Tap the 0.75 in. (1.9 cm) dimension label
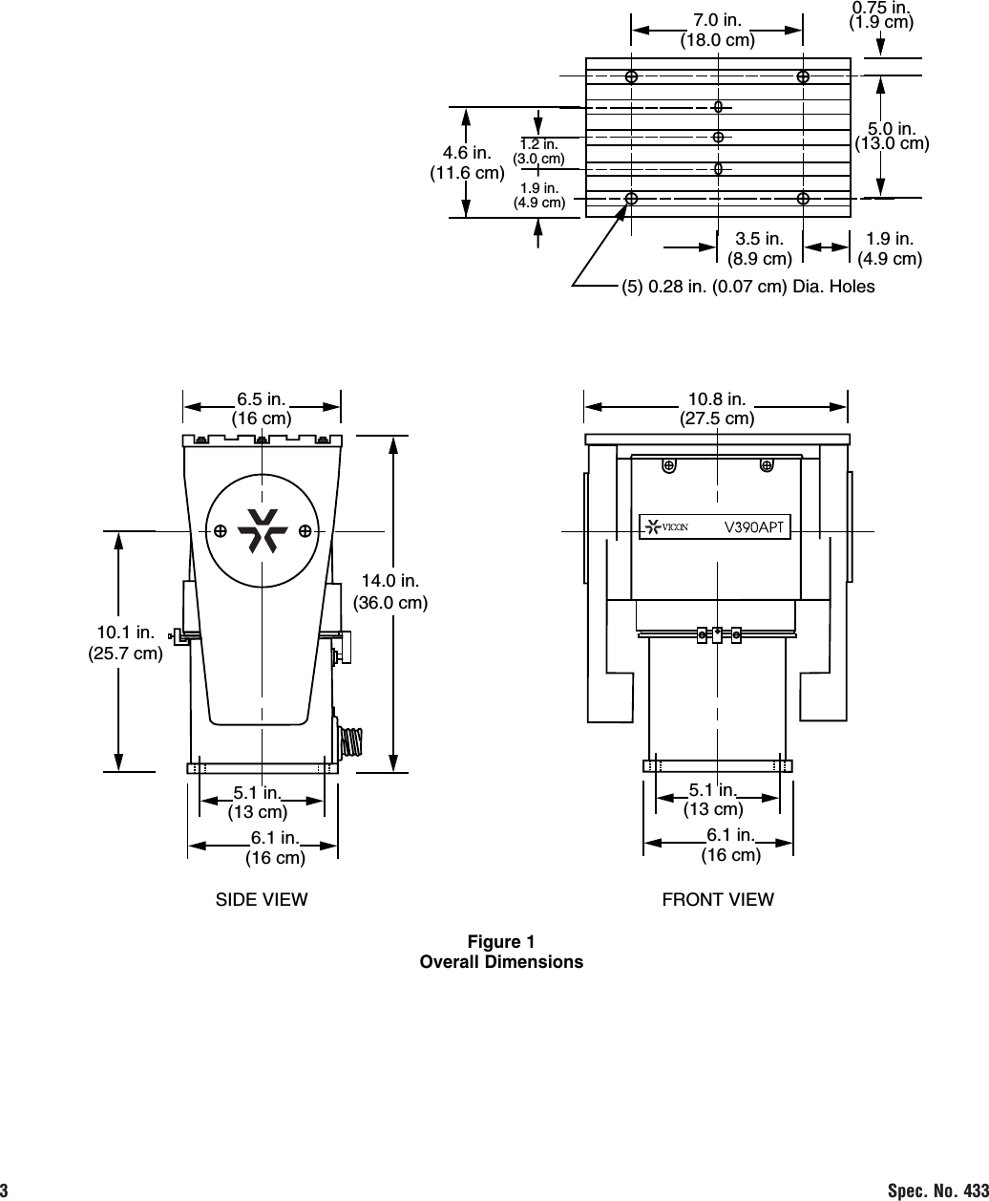(x=881, y=15)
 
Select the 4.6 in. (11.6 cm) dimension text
(x=467, y=162)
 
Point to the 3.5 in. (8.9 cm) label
(x=759, y=248)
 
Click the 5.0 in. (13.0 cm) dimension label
(x=892, y=136)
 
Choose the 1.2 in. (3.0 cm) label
(x=539, y=151)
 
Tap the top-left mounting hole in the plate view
(x=631, y=76)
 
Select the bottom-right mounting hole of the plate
(x=804, y=199)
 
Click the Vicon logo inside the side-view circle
(x=263, y=530)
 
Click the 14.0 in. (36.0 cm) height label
(x=390, y=590)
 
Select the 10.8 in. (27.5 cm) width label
(x=717, y=408)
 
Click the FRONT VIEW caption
(x=718, y=899)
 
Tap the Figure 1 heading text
(x=501, y=942)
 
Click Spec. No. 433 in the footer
(x=936, y=1190)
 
